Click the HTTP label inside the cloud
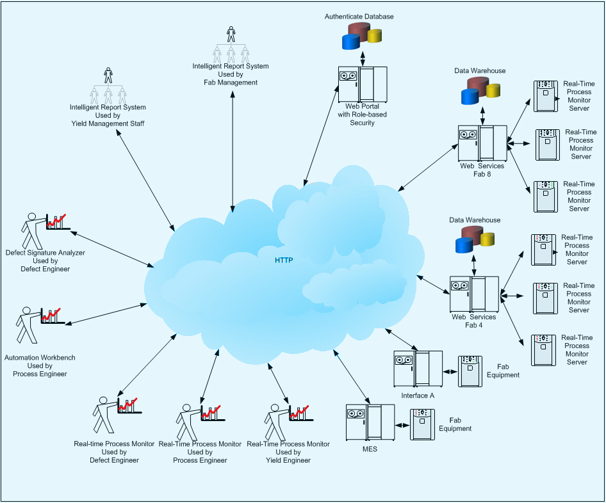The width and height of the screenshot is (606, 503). pos(284,260)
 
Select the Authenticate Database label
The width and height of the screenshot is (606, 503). pos(359,16)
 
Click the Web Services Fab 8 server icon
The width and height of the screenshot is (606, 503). pos(482,143)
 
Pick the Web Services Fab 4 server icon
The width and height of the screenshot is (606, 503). pos(474,294)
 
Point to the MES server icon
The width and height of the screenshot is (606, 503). pos(370,422)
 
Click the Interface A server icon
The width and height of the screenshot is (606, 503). pos(418,369)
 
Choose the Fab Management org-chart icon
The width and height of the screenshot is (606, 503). pos(231,45)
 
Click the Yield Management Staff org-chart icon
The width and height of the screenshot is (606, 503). pos(108,86)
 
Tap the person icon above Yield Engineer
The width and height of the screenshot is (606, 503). pos(278,421)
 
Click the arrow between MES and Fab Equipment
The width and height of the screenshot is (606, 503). pos(402,425)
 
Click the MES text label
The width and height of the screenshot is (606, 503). pos(370,449)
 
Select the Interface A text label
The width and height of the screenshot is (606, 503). pos(418,395)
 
